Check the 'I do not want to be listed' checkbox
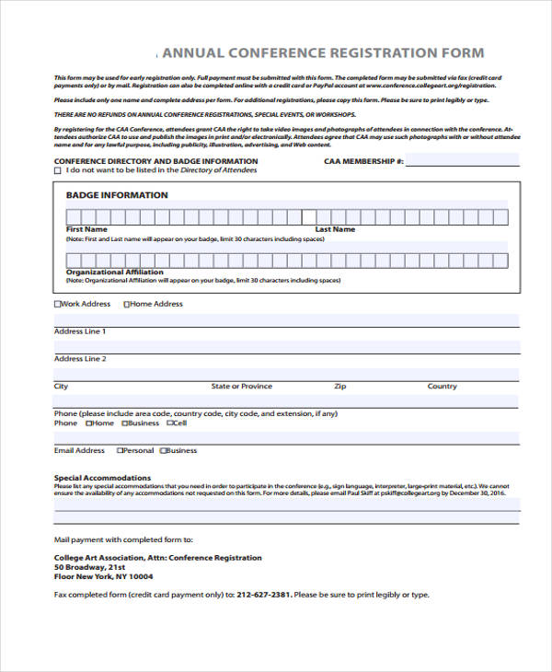pyautogui.click(x=58, y=170)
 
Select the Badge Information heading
pyautogui.click(x=117, y=195)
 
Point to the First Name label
pyautogui.click(x=86, y=229)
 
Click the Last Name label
pyautogui.click(x=335, y=229)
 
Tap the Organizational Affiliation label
pyautogui.click(x=114, y=272)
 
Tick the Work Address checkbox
pyautogui.click(x=58, y=304)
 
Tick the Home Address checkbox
pyautogui.click(x=127, y=304)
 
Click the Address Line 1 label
pyautogui.click(x=80, y=331)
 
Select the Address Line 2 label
pyautogui.click(x=80, y=359)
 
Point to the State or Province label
pyautogui.click(x=241, y=387)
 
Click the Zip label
pyautogui.click(x=339, y=387)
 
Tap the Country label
pyautogui.click(x=442, y=387)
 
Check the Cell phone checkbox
pyautogui.click(x=168, y=423)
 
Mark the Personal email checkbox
pyautogui.click(x=120, y=451)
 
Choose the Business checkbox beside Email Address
pyautogui.click(x=164, y=451)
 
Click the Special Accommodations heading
pyautogui.click(x=102, y=479)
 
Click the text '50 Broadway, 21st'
pyautogui.click(x=89, y=567)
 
